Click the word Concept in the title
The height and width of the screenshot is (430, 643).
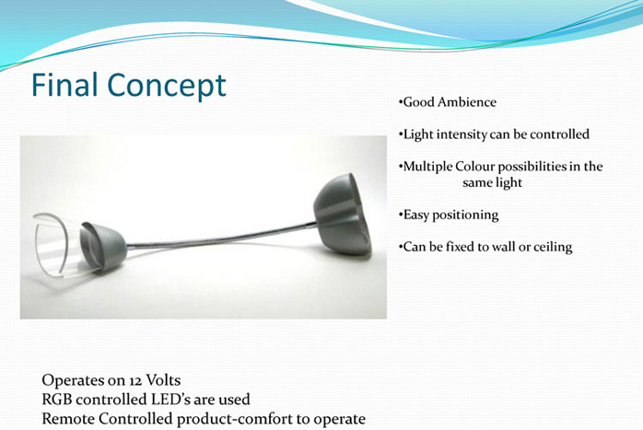[x=167, y=86]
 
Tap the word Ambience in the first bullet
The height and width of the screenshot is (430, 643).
[x=467, y=101]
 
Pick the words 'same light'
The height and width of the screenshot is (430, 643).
[x=492, y=182]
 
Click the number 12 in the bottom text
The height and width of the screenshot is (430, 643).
[x=135, y=381]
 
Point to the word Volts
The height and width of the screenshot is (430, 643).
[x=163, y=380]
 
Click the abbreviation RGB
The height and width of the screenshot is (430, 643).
[x=56, y=400]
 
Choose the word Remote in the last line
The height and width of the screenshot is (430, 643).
[x=68, y=419]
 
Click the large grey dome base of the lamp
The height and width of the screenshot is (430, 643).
[x=343, y=214]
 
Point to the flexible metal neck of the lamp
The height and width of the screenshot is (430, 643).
[x=221, y=238]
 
